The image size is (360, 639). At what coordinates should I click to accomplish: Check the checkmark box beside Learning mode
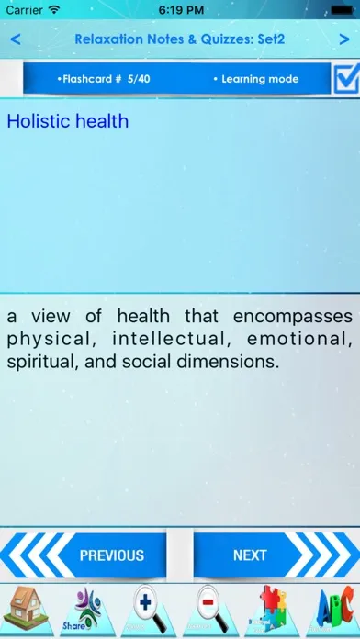346,80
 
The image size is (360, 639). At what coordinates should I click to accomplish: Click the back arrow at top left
15,39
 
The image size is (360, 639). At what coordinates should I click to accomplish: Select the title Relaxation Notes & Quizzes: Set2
180,39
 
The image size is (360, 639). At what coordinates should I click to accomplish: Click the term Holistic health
67,121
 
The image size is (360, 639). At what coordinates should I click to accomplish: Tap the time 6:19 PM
180,9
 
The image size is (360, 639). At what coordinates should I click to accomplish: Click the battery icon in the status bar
338,9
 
